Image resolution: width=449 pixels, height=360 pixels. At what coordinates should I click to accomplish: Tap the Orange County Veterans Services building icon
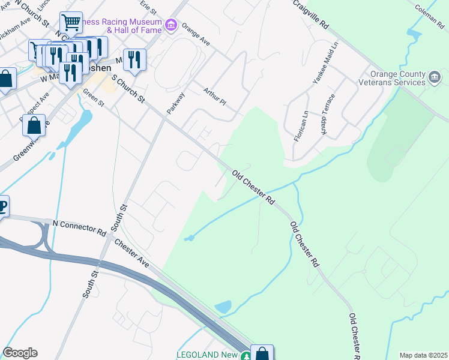tap(435, 78)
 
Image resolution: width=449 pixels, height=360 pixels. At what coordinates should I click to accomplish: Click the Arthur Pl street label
tap(214, 97)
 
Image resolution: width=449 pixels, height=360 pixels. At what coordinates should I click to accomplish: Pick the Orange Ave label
tap(196, 35)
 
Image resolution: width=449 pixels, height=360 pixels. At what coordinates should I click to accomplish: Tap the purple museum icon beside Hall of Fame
tap(172, 25)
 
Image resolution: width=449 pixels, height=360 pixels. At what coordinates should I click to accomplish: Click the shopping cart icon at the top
tap(71, 23)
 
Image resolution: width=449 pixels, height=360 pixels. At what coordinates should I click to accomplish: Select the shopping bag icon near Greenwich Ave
tap(34, 125)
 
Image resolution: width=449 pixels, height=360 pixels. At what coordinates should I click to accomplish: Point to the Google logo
tap(20, 353)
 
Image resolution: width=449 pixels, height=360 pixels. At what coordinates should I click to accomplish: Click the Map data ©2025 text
tap(423, 355)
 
